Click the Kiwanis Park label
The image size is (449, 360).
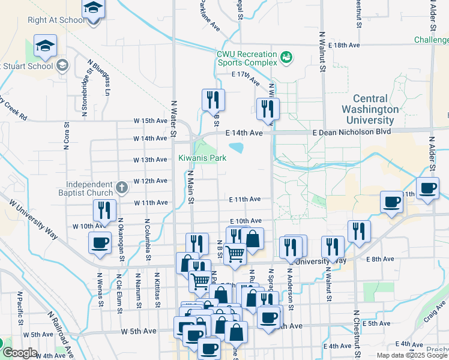202,158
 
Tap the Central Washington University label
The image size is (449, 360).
370,109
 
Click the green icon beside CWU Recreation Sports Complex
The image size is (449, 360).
286,57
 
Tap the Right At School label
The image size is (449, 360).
48,20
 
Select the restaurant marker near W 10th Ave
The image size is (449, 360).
105,211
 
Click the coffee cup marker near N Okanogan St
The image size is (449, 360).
100,242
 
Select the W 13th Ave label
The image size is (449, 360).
150,160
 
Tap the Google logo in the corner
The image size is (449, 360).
20,353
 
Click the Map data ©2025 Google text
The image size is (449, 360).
412,355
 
